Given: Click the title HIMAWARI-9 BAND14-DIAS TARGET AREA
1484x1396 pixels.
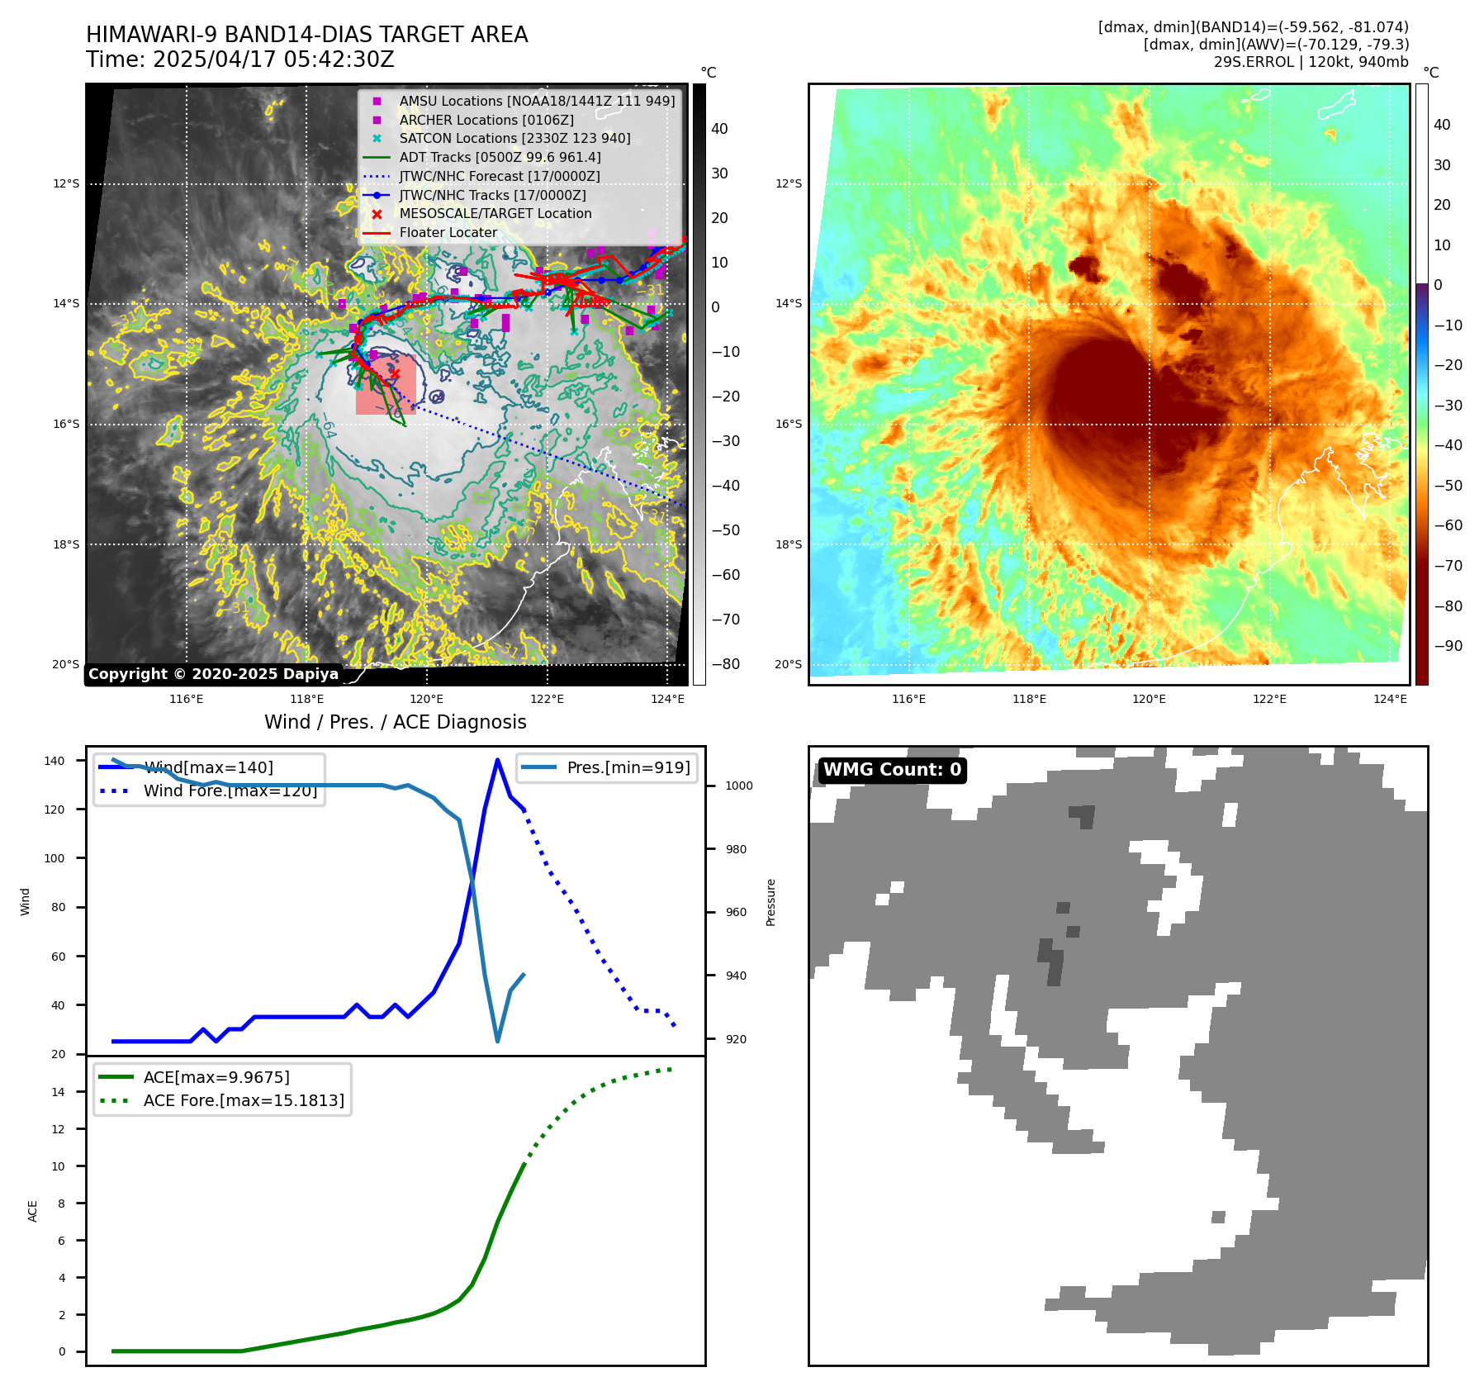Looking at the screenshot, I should (306, 35).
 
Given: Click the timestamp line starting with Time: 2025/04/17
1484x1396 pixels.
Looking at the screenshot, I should (239, 59).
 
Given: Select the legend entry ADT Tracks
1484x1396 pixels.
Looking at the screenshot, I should (500, 157).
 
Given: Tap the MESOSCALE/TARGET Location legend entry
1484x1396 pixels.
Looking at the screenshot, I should (495, 213).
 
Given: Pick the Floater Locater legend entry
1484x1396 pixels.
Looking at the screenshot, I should (448, 232).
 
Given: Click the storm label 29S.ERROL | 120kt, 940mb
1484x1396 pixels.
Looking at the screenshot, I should (1311, 62).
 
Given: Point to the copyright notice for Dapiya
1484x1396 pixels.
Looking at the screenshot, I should (213, 674).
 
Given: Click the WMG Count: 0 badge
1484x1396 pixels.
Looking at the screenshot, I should (892, 770).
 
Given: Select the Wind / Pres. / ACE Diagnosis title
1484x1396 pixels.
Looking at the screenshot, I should (395, 722).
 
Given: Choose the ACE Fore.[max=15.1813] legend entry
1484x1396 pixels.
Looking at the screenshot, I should (244, 1100).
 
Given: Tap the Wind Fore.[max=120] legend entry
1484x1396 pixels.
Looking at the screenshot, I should (230, 791).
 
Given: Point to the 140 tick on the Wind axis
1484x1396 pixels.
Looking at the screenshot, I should (55, 761).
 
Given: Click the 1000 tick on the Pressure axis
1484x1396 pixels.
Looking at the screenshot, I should (739, 786).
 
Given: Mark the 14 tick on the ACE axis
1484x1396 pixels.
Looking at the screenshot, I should (59, 1092).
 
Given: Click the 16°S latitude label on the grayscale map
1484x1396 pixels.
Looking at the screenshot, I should (66, 424).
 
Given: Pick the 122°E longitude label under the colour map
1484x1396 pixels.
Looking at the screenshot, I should (1269, 699).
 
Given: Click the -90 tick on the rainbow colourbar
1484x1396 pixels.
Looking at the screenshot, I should (1448, 646).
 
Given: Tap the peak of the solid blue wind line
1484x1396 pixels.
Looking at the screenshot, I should (497, 760).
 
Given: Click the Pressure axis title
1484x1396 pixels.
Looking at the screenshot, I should (770, 902).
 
